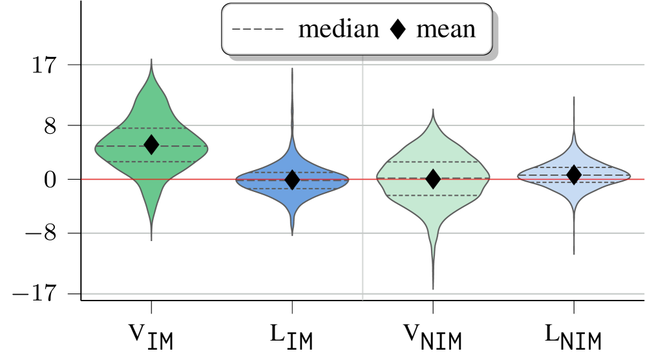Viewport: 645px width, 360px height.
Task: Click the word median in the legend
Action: [x=338, y=29]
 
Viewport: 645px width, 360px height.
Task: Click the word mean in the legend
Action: [x=446, y=29]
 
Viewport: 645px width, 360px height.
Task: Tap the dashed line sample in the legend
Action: [x=257, y=30]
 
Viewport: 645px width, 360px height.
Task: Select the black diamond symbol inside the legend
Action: [x=398, y=30]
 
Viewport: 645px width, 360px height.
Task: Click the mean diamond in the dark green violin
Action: [x=151, y=145]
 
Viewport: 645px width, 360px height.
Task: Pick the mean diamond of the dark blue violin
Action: [x=292, y=180]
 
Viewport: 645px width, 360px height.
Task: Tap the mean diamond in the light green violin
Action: [x=433, y=179]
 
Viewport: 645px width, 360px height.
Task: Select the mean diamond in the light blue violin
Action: [x=574, y=174]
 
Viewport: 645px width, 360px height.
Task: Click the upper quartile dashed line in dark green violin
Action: [x=151, y=128]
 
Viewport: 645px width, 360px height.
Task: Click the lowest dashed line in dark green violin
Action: [x=151, y=162]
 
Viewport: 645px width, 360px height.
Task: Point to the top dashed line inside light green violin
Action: [x=433, y=162]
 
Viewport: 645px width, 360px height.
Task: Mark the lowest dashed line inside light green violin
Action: [x=433, y=195]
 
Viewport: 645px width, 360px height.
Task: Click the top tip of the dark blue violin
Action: [x=292, y=68]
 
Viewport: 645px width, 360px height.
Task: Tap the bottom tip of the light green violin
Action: [x=433, y=288]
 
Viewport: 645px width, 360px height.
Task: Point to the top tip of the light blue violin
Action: [x=574, y=98]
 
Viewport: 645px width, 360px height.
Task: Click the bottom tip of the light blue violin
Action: [x=574, y=253]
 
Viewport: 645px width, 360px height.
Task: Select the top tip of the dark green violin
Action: [x=151, y=60]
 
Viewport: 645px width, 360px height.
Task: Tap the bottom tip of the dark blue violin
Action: [x=292, y=235]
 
